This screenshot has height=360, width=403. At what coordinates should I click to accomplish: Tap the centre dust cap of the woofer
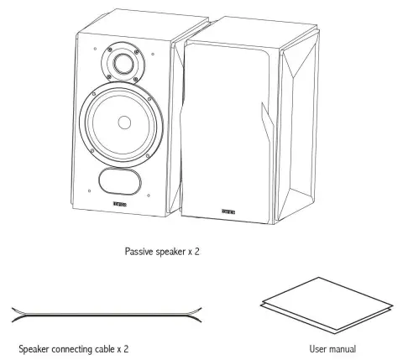[x=124, y=123]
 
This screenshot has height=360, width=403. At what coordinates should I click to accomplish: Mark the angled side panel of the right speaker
[x=300, y=126]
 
